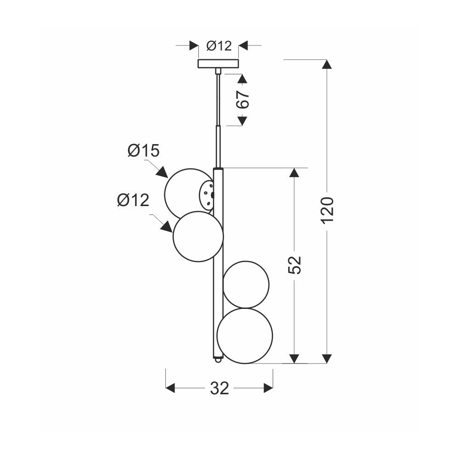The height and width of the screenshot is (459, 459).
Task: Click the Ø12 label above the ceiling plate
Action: tap(219, 46)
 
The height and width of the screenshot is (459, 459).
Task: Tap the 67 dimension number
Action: tap(243, 100)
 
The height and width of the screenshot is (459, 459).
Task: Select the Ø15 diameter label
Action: tap(143, 151)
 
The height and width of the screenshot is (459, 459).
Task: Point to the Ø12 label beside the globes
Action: tap(133, 201)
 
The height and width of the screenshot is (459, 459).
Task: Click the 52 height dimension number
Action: tap(295, 265)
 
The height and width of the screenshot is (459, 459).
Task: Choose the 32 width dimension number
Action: tap(219, 388)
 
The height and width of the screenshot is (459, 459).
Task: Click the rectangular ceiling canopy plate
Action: tap(218, 63)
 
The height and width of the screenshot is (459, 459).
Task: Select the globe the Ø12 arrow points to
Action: tap(198, 236)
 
